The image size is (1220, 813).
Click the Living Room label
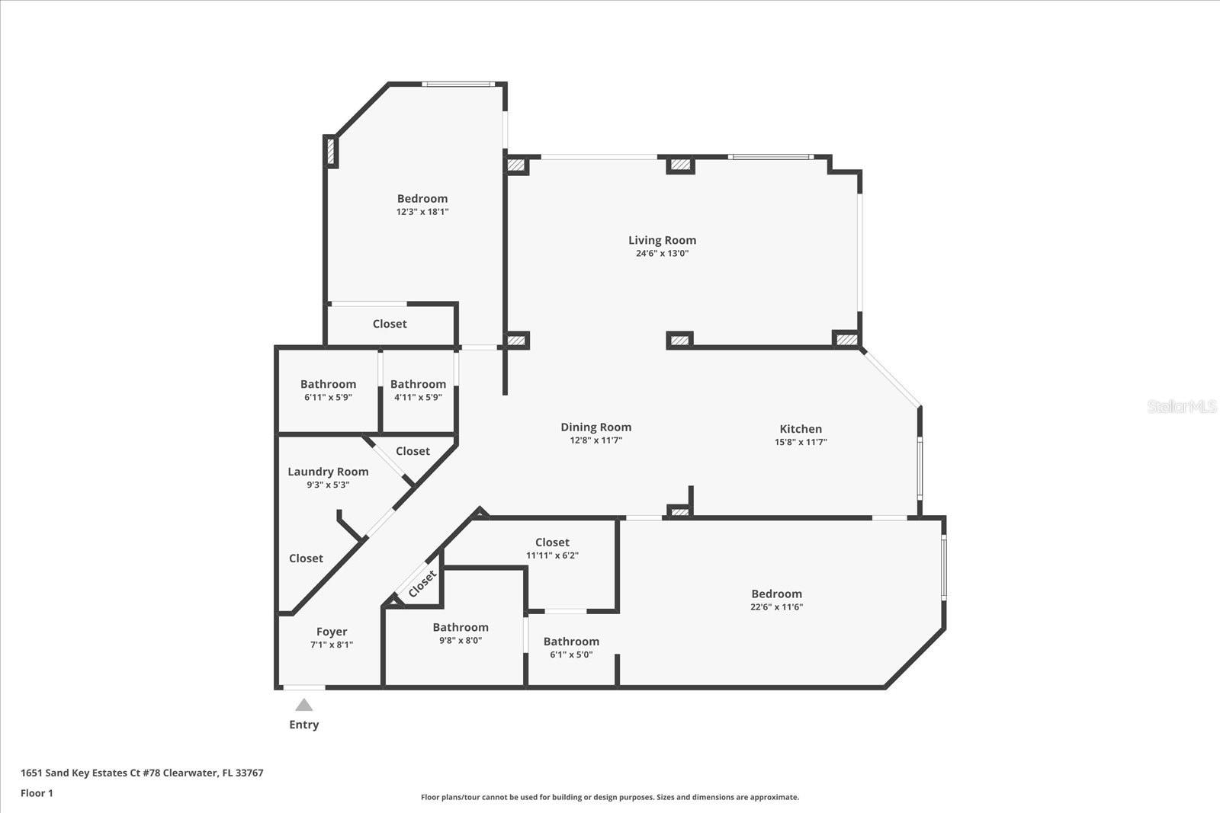click(x=662, y=240)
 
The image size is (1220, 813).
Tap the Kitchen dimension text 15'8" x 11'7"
click(x=801, y=442)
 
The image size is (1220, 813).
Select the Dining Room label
click(x=596, y=427)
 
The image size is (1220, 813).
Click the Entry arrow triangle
click(x=303, y=705)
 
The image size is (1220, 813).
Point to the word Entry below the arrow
click(x=303, y=725)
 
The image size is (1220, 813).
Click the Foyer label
click(x=332, y=632)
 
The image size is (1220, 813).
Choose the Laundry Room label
click(x=328, y=472)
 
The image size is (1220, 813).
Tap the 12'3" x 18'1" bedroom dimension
click(x=422, y=212)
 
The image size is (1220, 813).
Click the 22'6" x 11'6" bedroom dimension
click(x=776, y=607)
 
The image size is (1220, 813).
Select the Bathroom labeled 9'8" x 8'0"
click(x=461, y=627)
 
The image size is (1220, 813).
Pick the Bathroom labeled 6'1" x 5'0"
click(x=571, y=642)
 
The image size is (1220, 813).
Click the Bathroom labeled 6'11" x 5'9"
click(x=328, y=384)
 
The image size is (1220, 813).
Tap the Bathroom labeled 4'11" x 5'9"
click(x=418, y=384)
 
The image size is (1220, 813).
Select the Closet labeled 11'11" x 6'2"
click(x=552, y=543)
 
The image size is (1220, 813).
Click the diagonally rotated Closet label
click(x=422, y=584)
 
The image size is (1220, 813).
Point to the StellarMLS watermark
click(x=1182, y=406)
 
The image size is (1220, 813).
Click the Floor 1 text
click(x=37, y=793)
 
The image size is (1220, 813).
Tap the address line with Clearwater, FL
click(x=142, y=773)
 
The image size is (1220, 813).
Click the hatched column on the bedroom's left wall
click(x=331, y=151)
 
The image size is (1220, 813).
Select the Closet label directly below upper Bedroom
click(x=390, y=324)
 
